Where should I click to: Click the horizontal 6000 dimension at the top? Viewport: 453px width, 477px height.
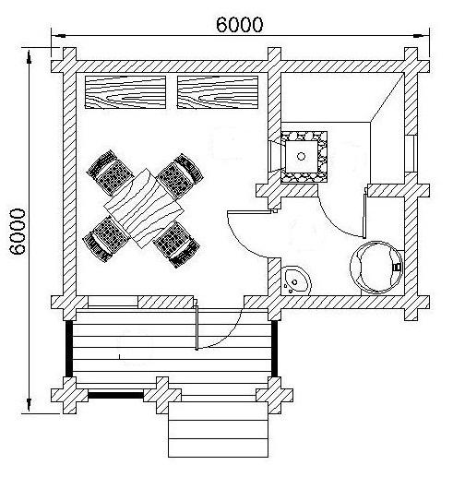pos(240,25)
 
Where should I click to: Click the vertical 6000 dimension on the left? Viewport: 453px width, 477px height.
pos(18,232)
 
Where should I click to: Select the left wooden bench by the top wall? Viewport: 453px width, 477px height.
pos(125,92)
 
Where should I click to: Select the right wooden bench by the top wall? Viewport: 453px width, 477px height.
pos(218,92)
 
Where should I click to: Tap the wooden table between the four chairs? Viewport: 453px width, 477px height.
pos(144,208)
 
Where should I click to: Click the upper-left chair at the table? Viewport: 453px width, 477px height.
pos(110,173)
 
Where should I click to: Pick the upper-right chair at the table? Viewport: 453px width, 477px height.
pos(180,176)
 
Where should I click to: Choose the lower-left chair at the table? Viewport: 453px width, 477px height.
pos(106,239)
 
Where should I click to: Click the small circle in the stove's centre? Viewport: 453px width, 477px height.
pos(301,156)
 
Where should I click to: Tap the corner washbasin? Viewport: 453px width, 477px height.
pos(295,280)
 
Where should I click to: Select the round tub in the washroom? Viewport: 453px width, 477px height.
pos(376,267)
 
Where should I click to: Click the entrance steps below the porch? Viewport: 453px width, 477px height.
pos(218,429)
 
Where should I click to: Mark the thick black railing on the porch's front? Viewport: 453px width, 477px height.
pos(116,395)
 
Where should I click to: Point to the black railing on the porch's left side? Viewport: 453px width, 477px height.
pos(69,349)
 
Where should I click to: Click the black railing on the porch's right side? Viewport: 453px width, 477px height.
pos(275,349)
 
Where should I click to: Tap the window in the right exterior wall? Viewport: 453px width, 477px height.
pos(411,153)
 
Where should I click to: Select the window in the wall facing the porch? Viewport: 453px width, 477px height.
pos(113,302)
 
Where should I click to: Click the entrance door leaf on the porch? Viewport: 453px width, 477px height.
pos(197,326)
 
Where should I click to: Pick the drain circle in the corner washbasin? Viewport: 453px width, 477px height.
pos(294,282)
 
